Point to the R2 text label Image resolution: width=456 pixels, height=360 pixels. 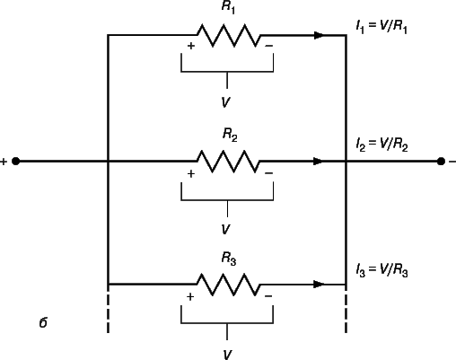[230, 135]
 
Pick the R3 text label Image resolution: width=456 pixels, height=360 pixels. [229, 259]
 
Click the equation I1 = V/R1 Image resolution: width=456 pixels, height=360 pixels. [381, 27]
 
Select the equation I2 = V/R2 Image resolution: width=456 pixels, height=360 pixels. [381, 145]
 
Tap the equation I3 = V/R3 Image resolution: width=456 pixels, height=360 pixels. [381, 270]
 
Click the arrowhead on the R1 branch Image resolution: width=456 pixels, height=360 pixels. [319, 35]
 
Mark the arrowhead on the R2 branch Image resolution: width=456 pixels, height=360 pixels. [319, 162]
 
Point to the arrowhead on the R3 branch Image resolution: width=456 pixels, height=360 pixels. [319, 285]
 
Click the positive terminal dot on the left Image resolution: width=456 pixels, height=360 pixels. [16, 162]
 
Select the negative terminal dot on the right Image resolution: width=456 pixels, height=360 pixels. [441, 162]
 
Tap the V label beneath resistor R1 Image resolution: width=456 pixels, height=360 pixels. [226, 102]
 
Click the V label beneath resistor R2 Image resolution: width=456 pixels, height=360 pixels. [226, 229]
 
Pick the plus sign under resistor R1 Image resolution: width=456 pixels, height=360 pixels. [191, 46]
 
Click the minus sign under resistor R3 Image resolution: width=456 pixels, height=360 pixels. [268, 296]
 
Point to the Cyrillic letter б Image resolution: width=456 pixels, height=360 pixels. [43, 322]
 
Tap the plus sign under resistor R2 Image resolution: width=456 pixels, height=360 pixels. [191, 173]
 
